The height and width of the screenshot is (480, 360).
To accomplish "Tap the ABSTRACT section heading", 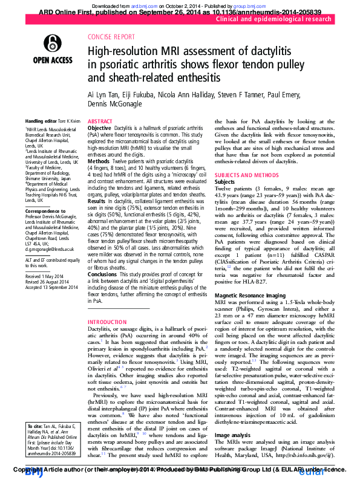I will pyautogui.click(x=100, y=122).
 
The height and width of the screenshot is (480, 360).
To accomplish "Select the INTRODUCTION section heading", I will pyautogui.click(x=108, y=322).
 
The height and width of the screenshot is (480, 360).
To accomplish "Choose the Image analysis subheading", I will pyautogui.click(x=233, y=435).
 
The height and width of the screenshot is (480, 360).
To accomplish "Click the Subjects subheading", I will pyautogui.click(x=224, y=181).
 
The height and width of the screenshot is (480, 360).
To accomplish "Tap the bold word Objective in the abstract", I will pyautogui.click(x=100, y=128).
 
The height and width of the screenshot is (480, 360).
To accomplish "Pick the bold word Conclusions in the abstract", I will pyautogui.click(x=102, y=274).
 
